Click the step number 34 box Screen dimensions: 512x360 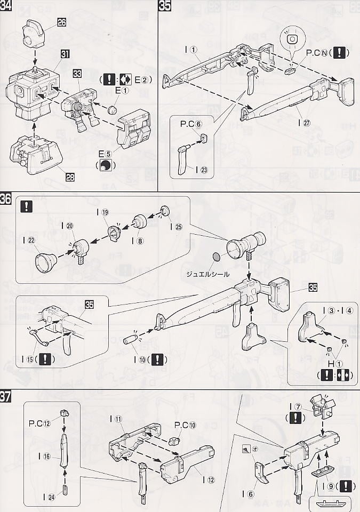tap(7, 6)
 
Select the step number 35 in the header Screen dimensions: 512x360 tap(166, 6)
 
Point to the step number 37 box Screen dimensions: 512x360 tap(6, 398)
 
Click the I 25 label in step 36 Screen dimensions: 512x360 tap(175, 227)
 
